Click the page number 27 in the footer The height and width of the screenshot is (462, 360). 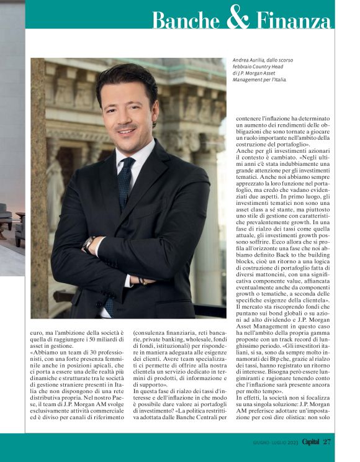point(327,442)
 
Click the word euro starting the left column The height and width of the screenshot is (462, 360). point(37,333)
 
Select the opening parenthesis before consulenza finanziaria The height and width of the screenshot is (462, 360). point(134,333)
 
